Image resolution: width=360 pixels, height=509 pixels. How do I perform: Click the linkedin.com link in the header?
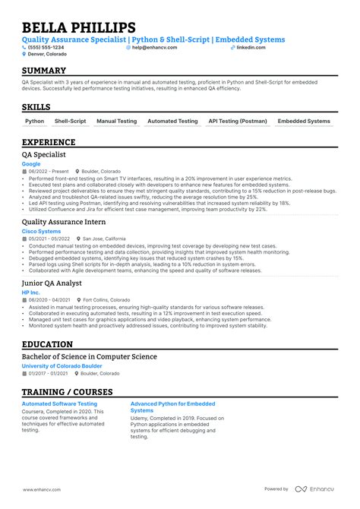coord(251,47)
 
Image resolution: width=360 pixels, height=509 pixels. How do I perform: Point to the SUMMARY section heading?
coord(44,71)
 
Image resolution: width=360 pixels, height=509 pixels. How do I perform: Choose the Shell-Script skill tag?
coord(71,121)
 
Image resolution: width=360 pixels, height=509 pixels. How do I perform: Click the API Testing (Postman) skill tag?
coord(237,121)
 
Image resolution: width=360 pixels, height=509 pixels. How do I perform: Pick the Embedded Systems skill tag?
coord(304,121)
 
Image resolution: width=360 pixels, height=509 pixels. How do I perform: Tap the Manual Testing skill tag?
coord(117,121)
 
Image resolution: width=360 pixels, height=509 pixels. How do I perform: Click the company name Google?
coord(31,163)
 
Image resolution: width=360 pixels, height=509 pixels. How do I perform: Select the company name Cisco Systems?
coord(41,231)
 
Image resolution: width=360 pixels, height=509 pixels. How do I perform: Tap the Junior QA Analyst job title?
coord(51,282)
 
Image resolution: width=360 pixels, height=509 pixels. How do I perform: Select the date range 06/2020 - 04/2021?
coord(48,299)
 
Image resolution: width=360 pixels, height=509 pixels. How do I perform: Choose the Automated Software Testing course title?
coord(59,404)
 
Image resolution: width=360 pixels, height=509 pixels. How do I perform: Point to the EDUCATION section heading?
coord(47,343)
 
